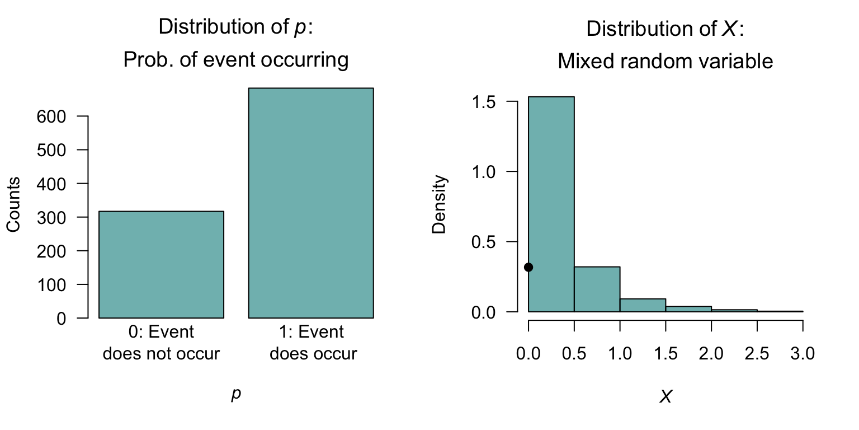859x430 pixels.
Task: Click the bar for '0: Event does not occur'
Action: (161, 264)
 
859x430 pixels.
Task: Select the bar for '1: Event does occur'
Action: (311, 203)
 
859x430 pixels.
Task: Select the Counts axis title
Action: (13, 204)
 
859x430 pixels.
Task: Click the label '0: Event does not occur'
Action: (161, 343)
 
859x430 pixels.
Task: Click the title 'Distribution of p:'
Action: (235, 27)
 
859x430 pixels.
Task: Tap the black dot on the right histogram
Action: (528, 267)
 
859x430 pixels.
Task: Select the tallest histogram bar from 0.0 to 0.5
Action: (551, 204)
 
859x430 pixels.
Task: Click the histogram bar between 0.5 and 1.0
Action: (597, 289)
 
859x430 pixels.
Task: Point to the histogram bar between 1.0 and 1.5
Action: (643, 305)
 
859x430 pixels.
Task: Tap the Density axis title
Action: (440, 204)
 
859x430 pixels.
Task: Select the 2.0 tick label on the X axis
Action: (711, 354)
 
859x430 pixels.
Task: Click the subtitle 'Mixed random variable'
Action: (665, 61)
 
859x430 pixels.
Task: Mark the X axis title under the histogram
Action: (665, 397)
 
